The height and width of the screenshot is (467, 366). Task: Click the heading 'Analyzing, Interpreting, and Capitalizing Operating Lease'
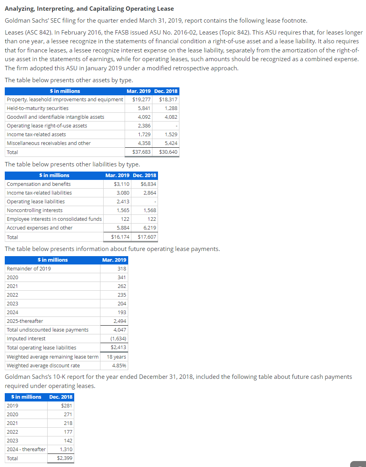[x=89, y=8]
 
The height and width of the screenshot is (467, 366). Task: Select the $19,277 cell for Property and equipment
[x=141, y=99]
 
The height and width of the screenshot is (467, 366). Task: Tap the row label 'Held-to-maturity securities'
[x=38, y=108]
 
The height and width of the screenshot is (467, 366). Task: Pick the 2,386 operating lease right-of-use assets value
[x=144, y=125]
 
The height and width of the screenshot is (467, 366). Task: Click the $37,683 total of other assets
[x=141, y=152]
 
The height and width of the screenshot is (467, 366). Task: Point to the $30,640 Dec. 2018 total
[x=168, y=152]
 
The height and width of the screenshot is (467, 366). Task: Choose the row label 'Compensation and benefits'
[x=39, y=184]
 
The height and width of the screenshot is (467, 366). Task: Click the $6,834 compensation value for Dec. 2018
[x=148, y=184]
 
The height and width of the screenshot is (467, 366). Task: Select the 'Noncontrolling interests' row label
[x=35, y=210]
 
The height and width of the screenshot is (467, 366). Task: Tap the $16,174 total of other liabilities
[x=120, y=237]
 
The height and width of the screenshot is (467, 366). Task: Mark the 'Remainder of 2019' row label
[x=29, y=268]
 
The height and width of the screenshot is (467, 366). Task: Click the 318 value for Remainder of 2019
[x=122, y=268]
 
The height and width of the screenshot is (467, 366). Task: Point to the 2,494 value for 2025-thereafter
[x=120, y=321]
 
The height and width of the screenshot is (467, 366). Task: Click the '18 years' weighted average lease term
[x=117, y=357]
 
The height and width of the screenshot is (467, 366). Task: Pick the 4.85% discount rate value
[x=119, y=365]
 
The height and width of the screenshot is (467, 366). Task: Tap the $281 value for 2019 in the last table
[x=67, y=405]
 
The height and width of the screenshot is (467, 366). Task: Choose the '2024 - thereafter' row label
[x=26, y=449]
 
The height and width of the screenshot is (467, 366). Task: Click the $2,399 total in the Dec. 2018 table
[x=65, y=458]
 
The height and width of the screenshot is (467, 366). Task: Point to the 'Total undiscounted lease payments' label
[x=48, y=330]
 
